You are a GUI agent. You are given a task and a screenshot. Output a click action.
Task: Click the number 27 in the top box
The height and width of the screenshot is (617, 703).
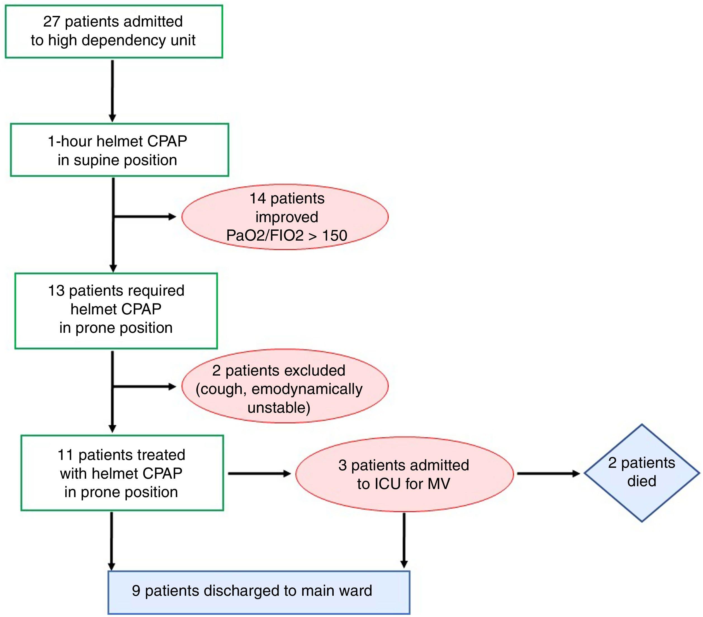tap(52, 22)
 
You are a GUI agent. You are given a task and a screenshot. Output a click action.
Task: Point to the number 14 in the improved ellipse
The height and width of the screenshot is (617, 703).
tap(258, 198)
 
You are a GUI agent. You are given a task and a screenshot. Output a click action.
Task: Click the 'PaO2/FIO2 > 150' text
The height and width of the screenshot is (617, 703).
tap(286, 236)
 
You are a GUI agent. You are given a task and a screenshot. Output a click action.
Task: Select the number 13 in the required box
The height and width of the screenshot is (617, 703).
tap(56, 291)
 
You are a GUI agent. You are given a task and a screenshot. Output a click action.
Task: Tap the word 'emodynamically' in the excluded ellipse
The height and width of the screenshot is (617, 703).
tap(307, 389)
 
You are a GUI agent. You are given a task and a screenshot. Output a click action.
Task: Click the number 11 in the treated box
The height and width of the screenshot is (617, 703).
tap(65, 455)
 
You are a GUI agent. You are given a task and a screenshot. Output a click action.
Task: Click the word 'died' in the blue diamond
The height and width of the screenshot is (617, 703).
tap(642, 481)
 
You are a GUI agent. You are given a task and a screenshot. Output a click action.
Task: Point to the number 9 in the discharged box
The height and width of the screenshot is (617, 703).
tap(136, 590)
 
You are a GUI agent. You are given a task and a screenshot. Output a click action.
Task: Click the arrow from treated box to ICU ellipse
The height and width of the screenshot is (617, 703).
tap(260, 474)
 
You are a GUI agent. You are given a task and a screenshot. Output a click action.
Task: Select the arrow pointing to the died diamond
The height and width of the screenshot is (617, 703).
tap(548, 474)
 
